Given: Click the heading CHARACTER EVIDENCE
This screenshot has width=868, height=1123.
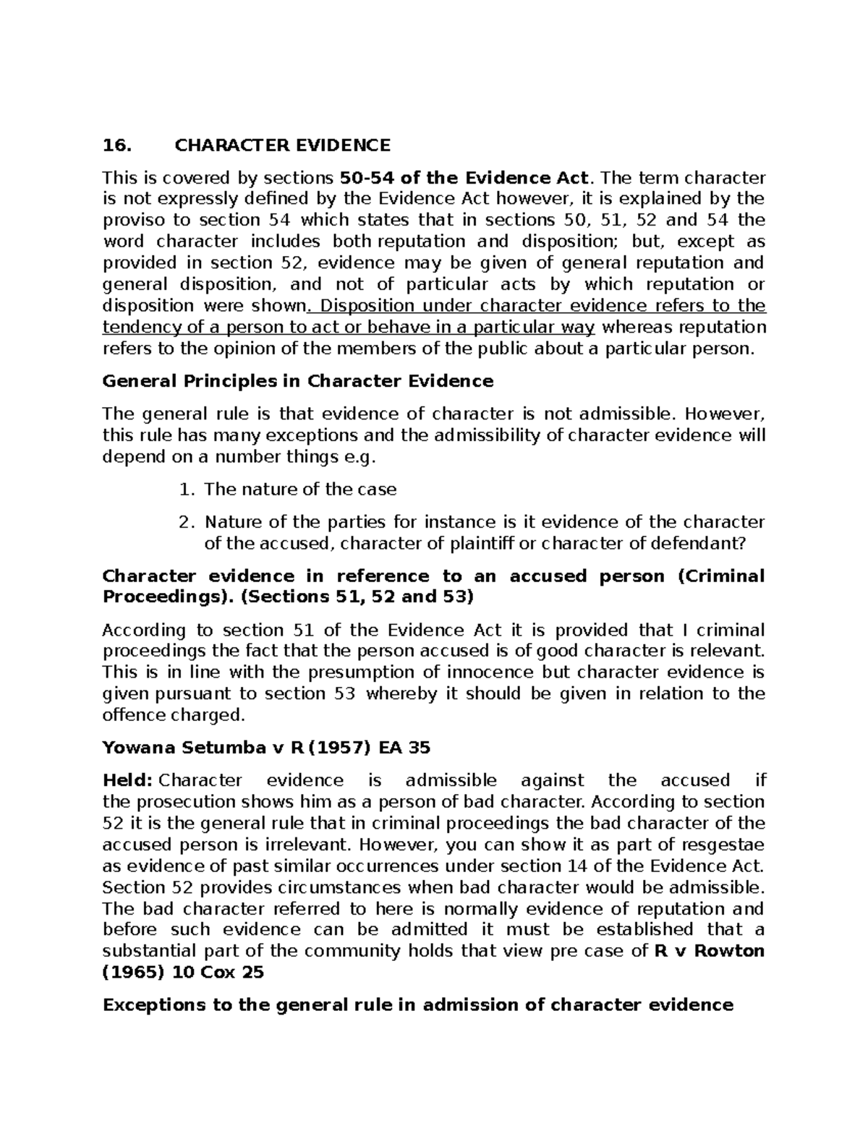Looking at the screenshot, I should [282, 145].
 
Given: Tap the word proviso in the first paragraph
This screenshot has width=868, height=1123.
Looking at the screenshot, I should [129, 221].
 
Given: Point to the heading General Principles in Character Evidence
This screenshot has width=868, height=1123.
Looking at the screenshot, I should [298, 381].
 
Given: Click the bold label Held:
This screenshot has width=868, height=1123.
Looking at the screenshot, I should [127, 781].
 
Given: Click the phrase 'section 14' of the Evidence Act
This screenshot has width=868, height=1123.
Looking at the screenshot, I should [600, 866].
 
